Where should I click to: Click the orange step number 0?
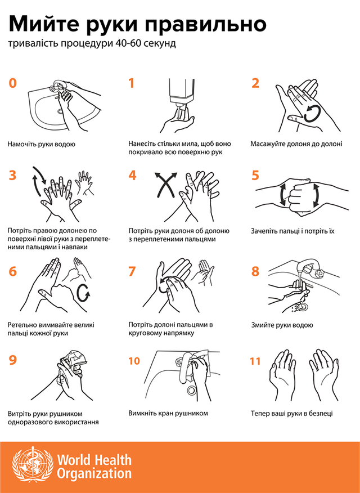tap(12, 83)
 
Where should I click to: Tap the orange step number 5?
tap(255, 175)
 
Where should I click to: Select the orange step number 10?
tap(134, 361)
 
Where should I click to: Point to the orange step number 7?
tap(132, 271)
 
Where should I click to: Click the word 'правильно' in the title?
tap(206, 25)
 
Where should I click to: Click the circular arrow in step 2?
tap(313, 114)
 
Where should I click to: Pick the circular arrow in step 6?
tap(84, 293)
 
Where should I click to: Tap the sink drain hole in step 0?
tap(60, 111)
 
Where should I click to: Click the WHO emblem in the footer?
tap(33, 467)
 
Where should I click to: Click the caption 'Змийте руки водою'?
tap(282, 325)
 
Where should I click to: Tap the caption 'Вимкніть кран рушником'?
tap(168, 413)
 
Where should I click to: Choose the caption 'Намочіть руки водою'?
tap(42, 144)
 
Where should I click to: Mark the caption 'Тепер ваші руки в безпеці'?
tap(291, 413)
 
